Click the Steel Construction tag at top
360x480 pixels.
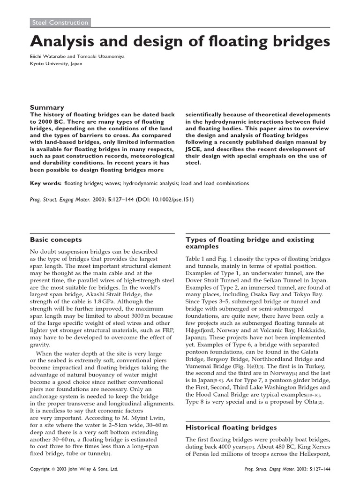tap(59, 22)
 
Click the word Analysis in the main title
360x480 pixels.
tap(65, 43)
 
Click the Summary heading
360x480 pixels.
tap(47, 107)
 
